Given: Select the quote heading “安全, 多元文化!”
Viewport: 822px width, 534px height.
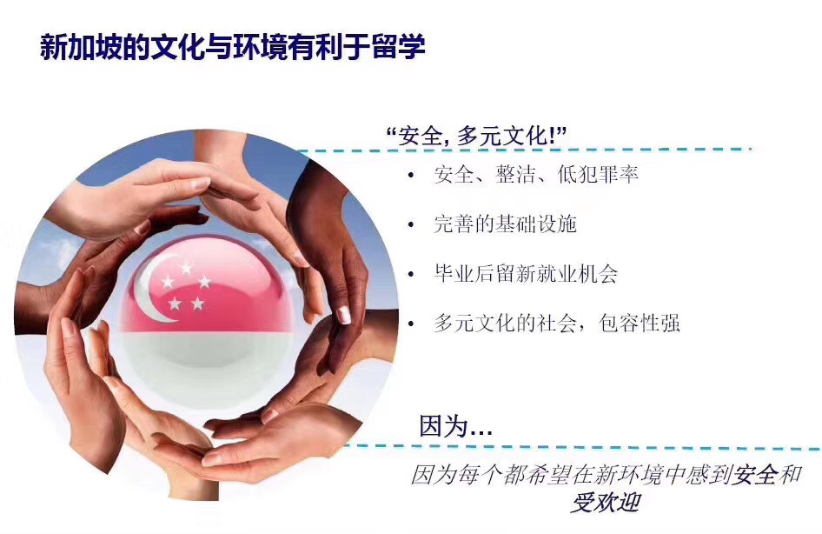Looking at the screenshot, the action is pos(476,137).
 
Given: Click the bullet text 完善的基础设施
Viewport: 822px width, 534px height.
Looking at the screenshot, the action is pos(506,224).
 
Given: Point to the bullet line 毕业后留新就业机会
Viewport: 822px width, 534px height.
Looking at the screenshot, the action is pos(526,273).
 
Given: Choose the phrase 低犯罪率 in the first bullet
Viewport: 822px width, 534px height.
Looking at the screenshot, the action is pos(598,174).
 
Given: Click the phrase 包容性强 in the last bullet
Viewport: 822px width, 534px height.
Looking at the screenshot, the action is pos(640,323).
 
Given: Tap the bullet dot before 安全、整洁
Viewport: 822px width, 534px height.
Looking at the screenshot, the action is pos(411,175).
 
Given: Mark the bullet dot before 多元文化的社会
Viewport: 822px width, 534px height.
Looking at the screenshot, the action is pos(411,324).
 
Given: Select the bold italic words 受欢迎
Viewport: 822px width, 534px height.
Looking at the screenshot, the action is pos(606,503).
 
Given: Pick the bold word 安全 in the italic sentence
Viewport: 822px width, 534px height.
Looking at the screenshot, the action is pos(755,475).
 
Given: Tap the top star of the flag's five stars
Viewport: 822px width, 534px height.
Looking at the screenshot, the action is pos(186,269).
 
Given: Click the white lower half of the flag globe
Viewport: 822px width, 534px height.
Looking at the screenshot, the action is pos(207,367).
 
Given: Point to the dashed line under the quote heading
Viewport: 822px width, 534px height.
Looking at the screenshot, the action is pos(524,150).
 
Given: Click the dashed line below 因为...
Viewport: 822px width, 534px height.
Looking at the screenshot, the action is pos(582,447).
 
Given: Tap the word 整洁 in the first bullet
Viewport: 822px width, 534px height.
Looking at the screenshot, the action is pos(515,174).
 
